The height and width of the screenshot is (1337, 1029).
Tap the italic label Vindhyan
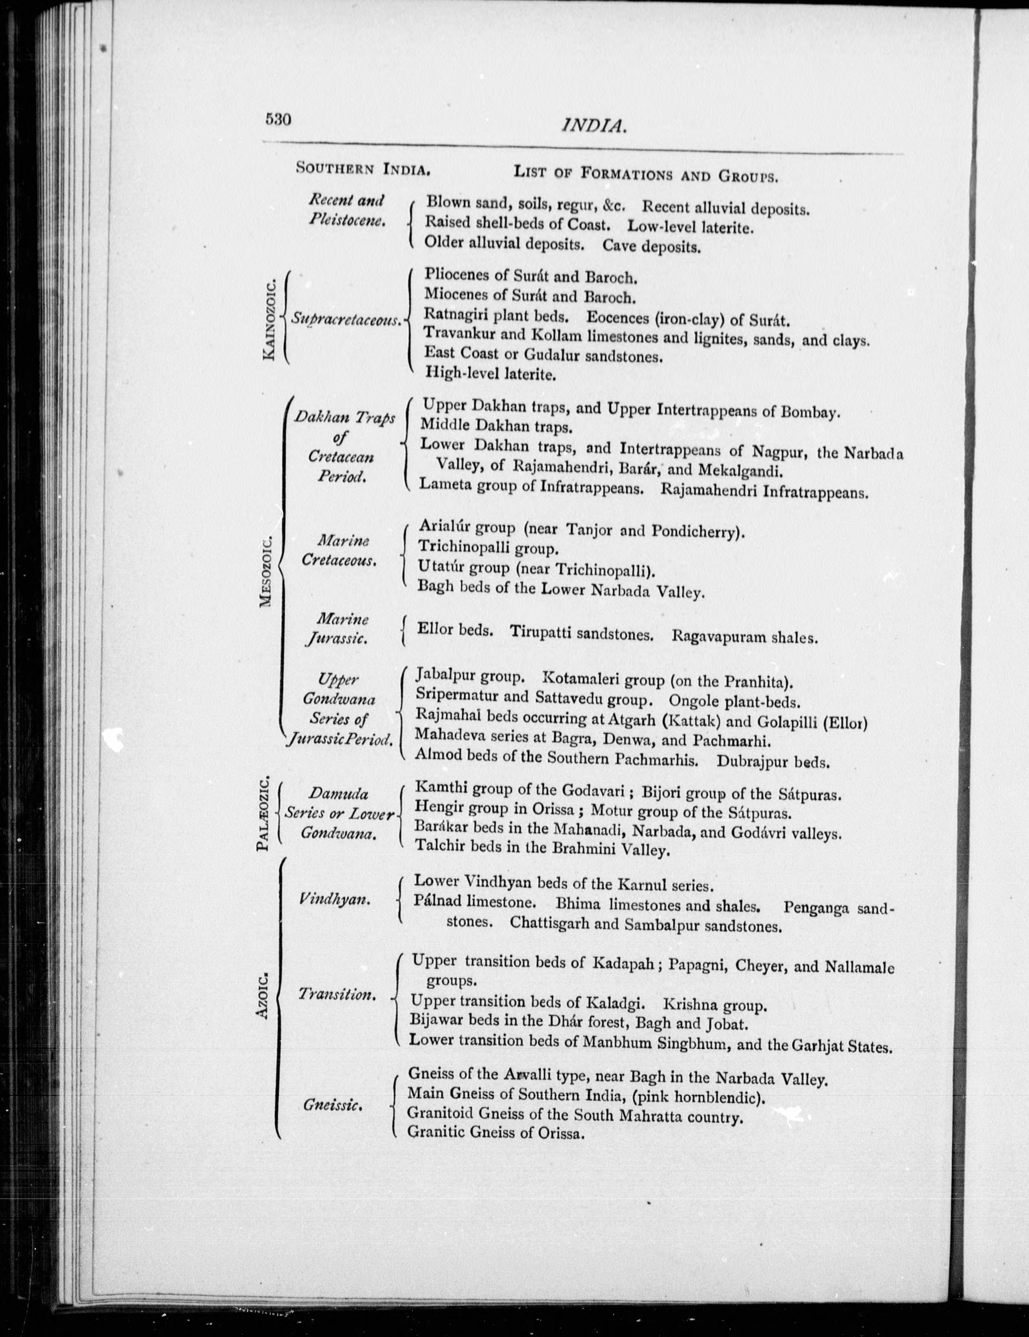tap(334, 900)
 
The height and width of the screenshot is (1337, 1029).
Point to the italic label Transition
tap(336, 994)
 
